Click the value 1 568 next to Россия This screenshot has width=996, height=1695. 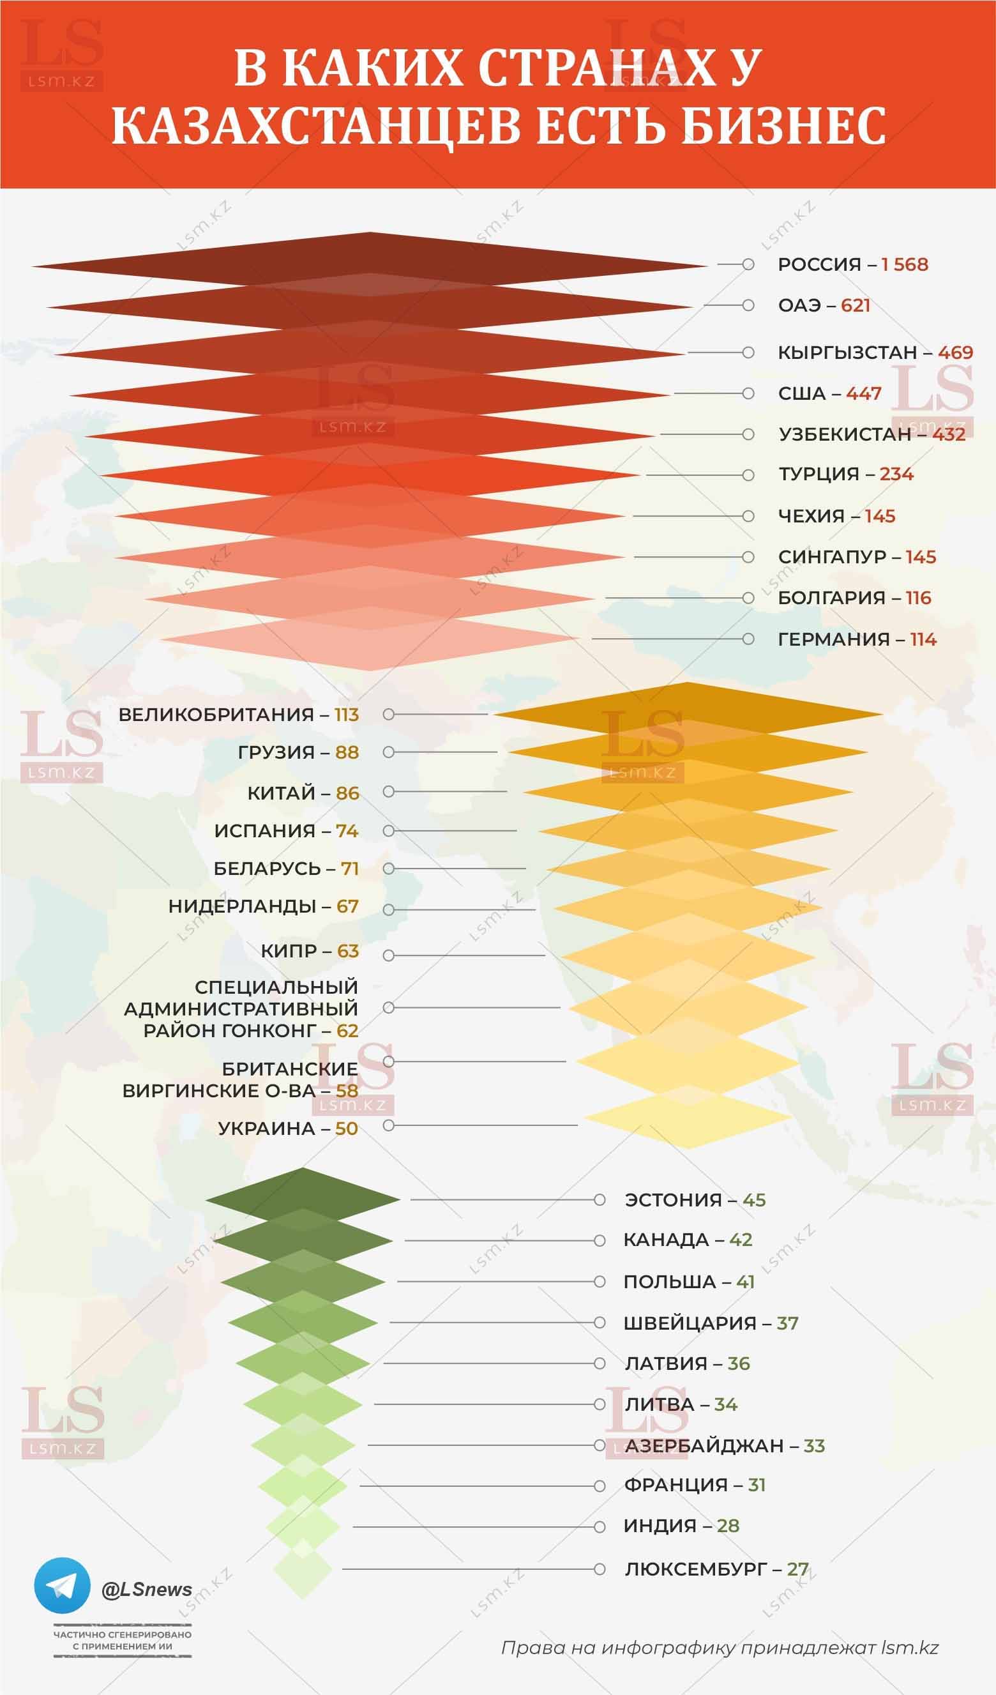pyautogui.click(x=905, y=264)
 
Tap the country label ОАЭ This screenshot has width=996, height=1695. pyautogui.click(x=798, y=305)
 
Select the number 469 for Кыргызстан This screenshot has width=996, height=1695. pyautogui.click(x=956, y=353)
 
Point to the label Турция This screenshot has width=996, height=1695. pyautogui.click(x=819, y=474)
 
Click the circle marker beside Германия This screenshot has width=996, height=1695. pyautogui.click(x=748, y=639)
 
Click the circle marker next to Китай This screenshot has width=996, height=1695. pyautogui.click(x=389, y=792)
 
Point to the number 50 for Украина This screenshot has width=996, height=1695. pyautogui.click(x=346, y=1128)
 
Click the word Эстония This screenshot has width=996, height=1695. pyautogui.click(x=673, y=1200)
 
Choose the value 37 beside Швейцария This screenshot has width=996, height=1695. pyautogui.click(x=787, y=1323)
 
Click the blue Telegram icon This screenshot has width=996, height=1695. pyautogui.click(x=62, y=1585)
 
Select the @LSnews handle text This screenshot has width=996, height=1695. pyautogui.click(x=147, y=1589)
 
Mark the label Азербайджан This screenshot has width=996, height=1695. pyautogui.click(x=704, y=1445)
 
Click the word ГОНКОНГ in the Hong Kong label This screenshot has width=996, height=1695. pyautogui.click(x=274, y=1030)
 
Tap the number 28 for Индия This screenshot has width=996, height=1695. pyautogui.click(x=728, y=1526)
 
